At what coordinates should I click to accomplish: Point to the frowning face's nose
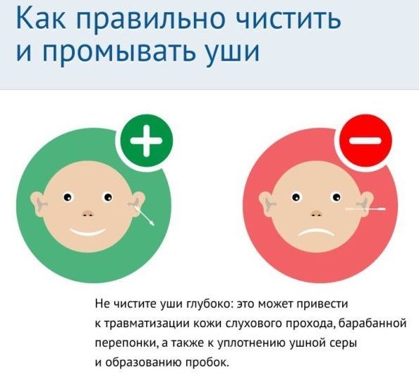click(x=308, y=213)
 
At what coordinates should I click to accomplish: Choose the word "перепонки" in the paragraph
click(x=125, y=343)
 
